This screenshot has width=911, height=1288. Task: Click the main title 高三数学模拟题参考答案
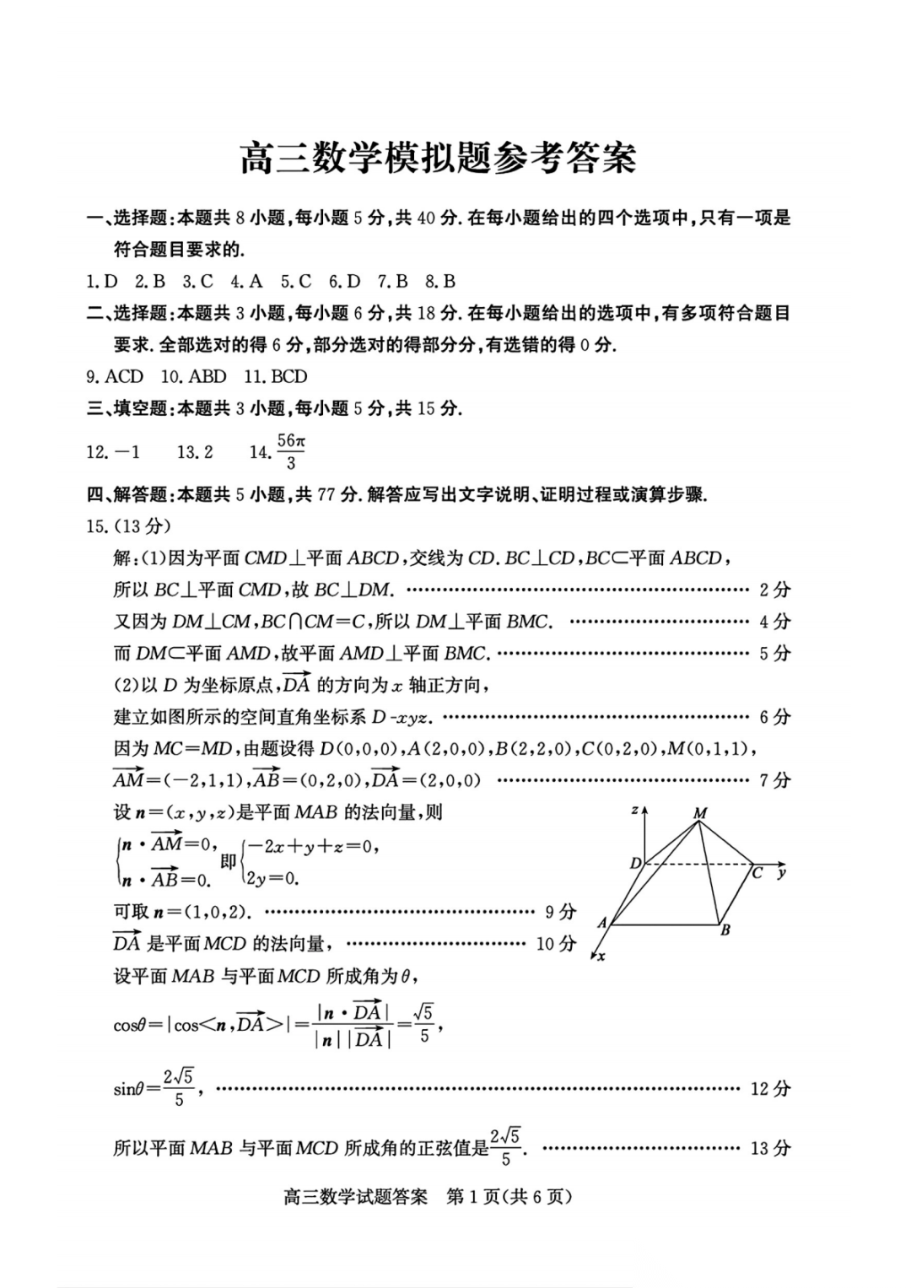438,158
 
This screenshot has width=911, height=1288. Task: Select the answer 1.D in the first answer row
102,282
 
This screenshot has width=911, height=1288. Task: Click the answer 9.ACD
115,377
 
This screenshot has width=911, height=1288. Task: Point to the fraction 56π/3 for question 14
291,451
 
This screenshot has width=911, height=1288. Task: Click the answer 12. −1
113,452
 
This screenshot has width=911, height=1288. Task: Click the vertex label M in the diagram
699,813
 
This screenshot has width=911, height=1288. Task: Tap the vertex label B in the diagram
725,930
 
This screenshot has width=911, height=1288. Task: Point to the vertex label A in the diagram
602,923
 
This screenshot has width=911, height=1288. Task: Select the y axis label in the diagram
782,872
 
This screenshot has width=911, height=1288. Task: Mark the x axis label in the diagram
601,957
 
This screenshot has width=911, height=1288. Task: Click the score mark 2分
774,590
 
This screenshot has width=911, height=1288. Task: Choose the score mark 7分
774,780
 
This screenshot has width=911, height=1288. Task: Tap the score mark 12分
770,1089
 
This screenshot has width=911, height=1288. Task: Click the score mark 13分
770,1148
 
